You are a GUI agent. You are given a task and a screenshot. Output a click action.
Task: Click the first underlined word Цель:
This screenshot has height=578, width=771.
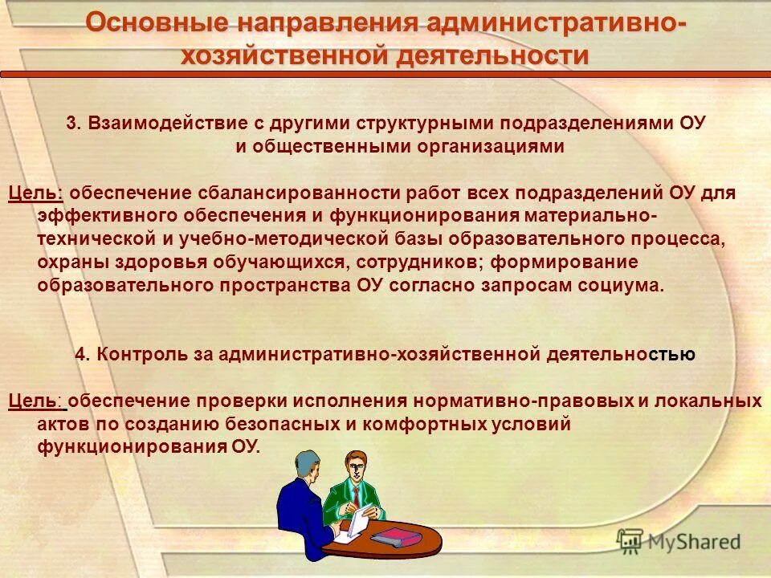point(35,193)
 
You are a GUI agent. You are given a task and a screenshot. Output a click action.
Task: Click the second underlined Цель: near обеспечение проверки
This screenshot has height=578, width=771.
point(35,401)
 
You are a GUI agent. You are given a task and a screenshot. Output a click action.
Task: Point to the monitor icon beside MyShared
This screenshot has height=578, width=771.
point(630,540)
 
